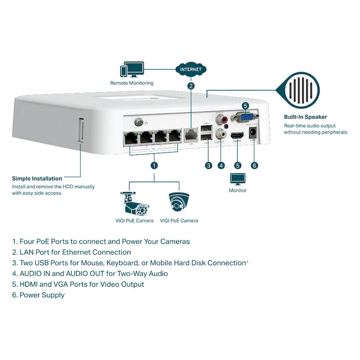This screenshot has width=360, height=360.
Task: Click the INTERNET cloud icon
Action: pos(191,69)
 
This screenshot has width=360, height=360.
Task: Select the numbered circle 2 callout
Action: pos(191,86)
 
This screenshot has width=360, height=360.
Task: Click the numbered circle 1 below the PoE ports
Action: pos(154,165)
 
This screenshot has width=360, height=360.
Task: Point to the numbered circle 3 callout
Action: pos(208,165)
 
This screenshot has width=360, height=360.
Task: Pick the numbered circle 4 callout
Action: pos(221,165)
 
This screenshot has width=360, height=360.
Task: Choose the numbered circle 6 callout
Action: pos(255,165)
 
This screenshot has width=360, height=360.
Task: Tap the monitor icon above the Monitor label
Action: pos(238,179)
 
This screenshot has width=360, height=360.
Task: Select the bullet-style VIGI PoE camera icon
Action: pos(134,203)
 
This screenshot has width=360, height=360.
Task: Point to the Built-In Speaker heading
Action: pos(305,117)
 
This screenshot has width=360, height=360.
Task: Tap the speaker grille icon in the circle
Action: pos(302,91)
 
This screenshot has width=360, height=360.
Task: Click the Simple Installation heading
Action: pos(37,178)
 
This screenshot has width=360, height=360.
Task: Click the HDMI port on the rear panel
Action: pos(238,136)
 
